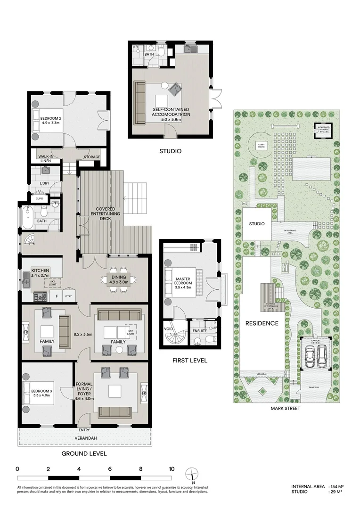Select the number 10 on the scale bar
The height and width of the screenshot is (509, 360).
(x=172, y=469)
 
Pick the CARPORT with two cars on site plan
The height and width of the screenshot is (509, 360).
(x=314, y=354)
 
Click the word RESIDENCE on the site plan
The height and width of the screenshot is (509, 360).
(x=261, y=323)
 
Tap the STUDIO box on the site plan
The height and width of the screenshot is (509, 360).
(x=257, y=223)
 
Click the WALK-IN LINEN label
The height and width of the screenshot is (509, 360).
(x=45, y=159)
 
